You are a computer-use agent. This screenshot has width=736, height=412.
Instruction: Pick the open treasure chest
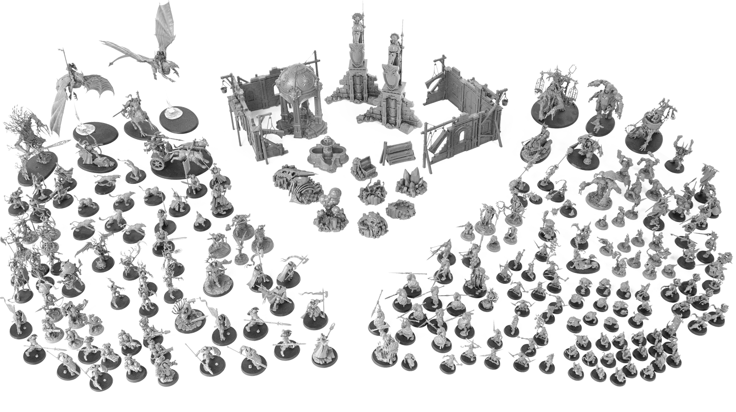tap(363, 166)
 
